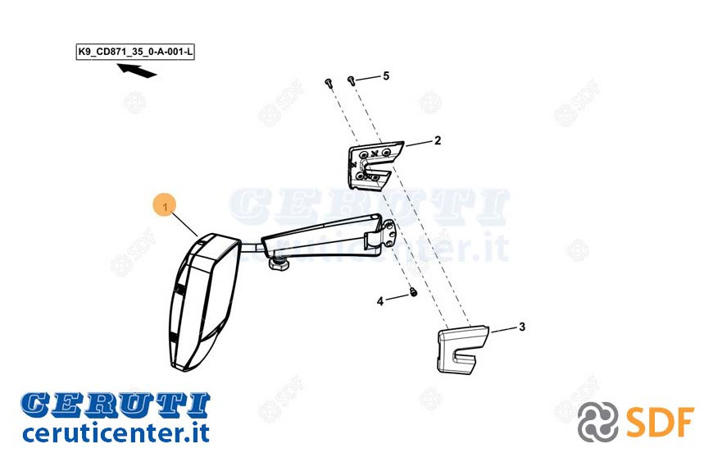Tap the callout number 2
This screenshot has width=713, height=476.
[438, 140]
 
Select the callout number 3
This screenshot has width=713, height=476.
[522, 327]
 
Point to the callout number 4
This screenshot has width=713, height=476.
[380, 301]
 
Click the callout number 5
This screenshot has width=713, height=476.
[386, 76]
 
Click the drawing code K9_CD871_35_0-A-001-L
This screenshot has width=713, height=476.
[135, 52]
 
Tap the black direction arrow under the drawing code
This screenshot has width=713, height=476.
[137, 71]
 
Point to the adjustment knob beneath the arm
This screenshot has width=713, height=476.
[278, 263]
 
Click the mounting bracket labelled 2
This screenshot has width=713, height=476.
[374, 165]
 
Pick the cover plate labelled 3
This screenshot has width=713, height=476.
[461, 350]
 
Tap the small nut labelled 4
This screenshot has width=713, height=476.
[413, 292]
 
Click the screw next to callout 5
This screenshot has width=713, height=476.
[351, 80]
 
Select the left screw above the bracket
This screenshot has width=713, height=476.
[329, 82]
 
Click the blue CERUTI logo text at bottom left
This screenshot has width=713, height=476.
[116, 405]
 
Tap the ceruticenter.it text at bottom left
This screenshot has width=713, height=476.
[116, 433]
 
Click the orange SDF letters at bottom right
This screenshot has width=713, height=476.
[660, 423]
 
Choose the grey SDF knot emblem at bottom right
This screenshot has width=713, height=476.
[598, 423]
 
